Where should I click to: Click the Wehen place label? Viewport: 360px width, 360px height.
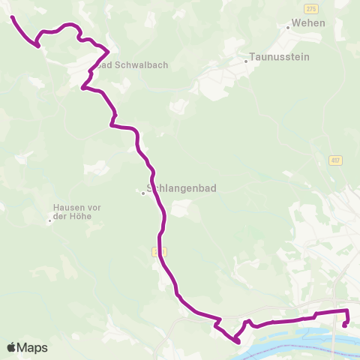[x=307, y=24]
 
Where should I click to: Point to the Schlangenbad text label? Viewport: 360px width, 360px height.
[x=182, y=190]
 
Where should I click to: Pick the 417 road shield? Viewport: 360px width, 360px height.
[x=334, y=160]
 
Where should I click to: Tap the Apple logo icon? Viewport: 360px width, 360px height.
[x=12, y=348]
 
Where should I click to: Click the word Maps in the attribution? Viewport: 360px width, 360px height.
[x=33, y=348]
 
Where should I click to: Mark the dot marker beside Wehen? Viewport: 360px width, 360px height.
[x=288, y=27]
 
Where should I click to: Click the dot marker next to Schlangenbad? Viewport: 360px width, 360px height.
[x=142, y=193]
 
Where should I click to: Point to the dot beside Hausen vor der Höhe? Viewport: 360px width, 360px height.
[x=50, y=220]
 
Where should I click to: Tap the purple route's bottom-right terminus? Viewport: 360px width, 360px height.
[x=344, y=325]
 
